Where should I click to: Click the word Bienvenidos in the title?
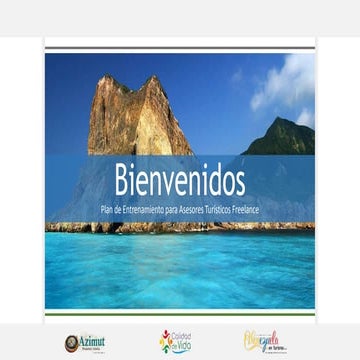pyautogui.click(x=180, y=181)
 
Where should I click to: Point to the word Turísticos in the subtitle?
pyautogui.click(x=222, y=208)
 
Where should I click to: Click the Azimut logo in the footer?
pyautogui.click(x=85, y=343)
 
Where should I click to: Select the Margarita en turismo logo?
pyautogui.click(x=265, y=342)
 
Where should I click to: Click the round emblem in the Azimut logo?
pyautogui.click(x=72, y=343)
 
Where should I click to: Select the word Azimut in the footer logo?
pyautogui.click(x=92, y=340)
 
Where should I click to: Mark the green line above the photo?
pyautogui.click(x=180, y=47)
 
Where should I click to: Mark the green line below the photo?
pyautogui.click(x=180, y=314)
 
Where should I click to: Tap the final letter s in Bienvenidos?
pyautogui.click(x=239, y=184)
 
